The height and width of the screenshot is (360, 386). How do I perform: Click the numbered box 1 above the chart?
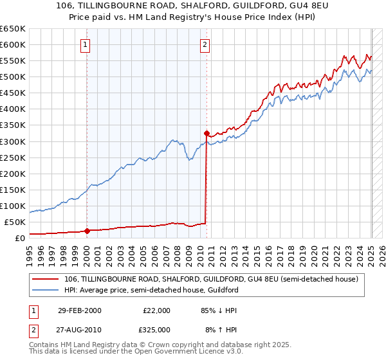coord(86,44)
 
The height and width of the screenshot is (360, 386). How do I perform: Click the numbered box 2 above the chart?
coord(205,44)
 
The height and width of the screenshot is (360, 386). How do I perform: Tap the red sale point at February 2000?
coord(87,231)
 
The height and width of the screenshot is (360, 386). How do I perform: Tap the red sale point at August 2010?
coord(207,134)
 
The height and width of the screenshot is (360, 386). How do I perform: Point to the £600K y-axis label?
coord(13,44)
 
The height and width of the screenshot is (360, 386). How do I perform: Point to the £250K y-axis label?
coord(13,157)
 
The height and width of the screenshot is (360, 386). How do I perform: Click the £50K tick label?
coord(15,222)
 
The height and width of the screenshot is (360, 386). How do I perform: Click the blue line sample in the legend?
coord(46,290)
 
